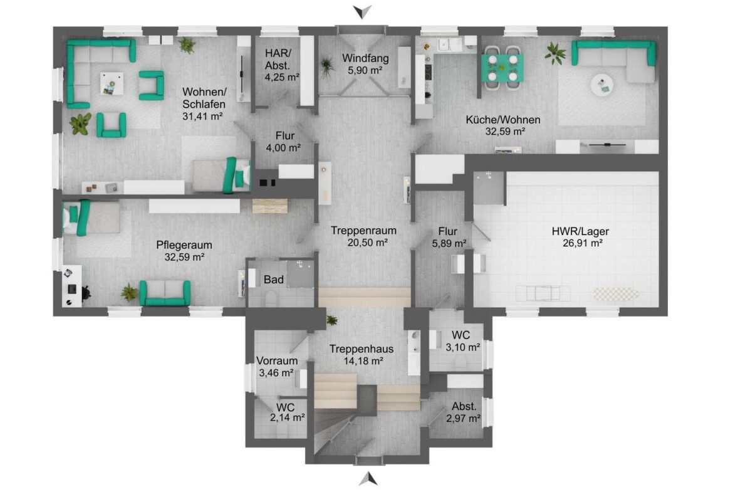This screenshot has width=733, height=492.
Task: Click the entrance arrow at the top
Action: pyautogui.click(x=362, y=11)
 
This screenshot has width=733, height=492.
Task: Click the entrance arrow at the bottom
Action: pyautogui.click(x=368, y=479)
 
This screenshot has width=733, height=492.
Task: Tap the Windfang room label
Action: pyautogui.click(x=365, y=58)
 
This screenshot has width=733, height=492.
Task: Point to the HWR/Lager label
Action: pyautogui.click(x=580, y=231)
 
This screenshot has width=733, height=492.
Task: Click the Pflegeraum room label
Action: pyautogui.click(x=184, y=244)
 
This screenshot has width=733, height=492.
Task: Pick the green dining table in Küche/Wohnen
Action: pyautogui.click(x=502, y=68)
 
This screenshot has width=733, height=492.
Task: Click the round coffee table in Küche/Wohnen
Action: pyautogui.click(x=602, y=85)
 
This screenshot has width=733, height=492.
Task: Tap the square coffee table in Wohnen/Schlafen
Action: pyautogui.click(x=112, y=84)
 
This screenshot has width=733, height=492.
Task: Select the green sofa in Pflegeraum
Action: pyautogui.click(x=165, y=293)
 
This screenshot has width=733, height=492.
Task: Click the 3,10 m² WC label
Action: pyautogui.click(x=463, y=341)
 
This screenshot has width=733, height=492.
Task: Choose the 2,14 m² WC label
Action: pyautogui.click(x=288, y=412)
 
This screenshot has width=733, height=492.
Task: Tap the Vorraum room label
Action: pyautogui.click(x=277, y=360)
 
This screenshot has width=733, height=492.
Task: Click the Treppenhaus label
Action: pyautogui.click(x=361, y=349)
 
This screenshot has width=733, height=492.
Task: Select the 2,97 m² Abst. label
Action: pyautogui.click(x=463, y=412)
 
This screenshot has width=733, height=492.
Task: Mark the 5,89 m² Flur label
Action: pyautogui.click(x=449, y=237)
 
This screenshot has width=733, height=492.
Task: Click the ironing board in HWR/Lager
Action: pyautogui.click(x=616, y=294)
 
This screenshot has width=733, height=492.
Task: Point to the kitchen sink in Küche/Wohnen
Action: pyautogui.click(x=444, y=45)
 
